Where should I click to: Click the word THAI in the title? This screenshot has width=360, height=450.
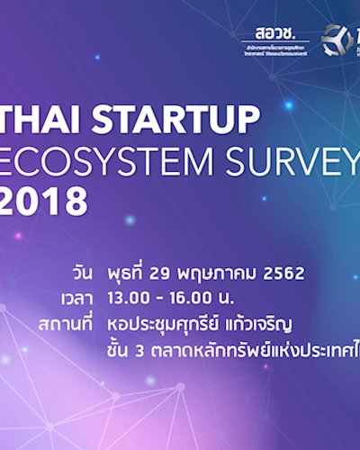[45, 120]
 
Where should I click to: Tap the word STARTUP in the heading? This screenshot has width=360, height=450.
[174, 120]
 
